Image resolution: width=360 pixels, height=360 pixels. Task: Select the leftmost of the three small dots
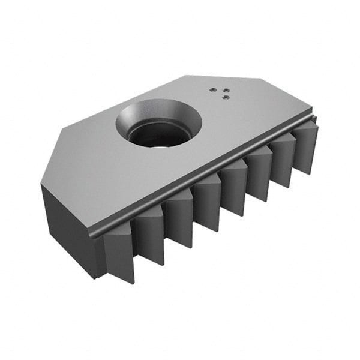[x=212, y=89]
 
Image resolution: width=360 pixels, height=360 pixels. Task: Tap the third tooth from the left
[x=179, y=219]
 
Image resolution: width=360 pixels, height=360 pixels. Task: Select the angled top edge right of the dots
[x=276, y=93]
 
